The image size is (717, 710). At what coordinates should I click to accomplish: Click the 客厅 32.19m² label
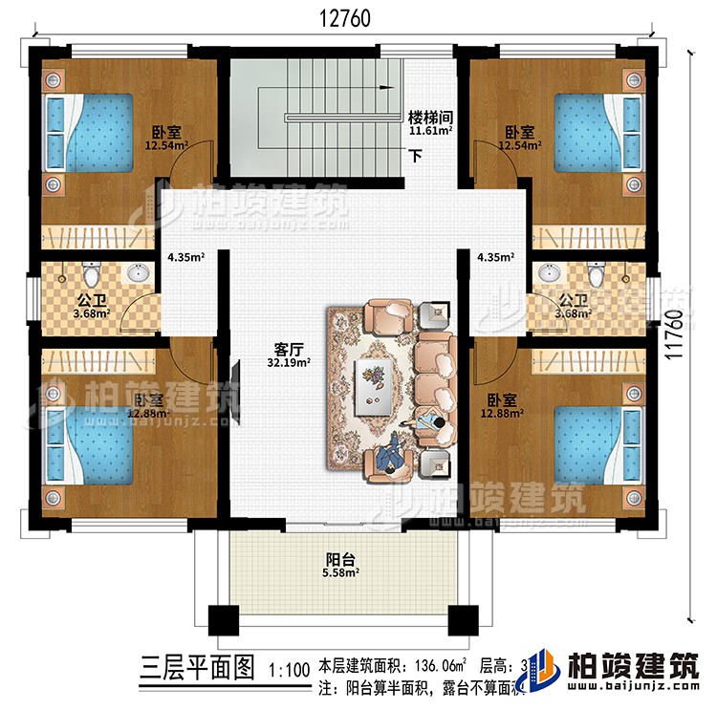[x=288, y=355]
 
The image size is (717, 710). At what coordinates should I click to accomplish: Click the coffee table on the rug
[x=375, y=383]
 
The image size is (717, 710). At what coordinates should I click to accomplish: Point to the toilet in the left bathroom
[x=90, y=276]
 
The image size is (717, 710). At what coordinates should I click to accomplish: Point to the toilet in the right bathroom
[x=596, y=276]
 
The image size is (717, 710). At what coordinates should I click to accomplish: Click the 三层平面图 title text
[x=198, y=666]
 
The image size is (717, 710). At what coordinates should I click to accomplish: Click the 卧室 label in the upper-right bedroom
[x=521, y=134]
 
